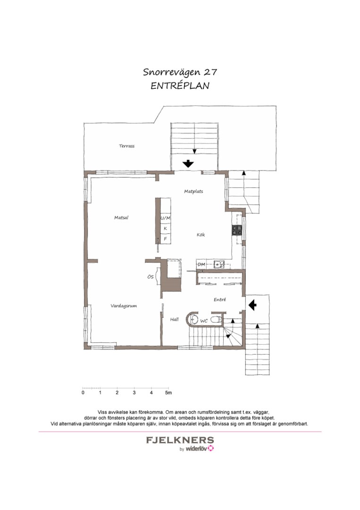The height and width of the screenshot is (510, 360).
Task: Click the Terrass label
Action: [x=127, y=146]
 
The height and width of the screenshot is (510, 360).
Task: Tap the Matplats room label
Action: [x=193, y=192]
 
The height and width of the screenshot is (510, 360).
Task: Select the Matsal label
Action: [x=121, y=218]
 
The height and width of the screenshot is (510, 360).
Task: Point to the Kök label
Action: [x=201, y=235]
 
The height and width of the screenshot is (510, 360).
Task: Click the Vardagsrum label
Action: [x=124, y=306]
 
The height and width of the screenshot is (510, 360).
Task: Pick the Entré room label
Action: [x=220, y=299]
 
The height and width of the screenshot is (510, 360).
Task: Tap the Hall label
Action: [x=175, y=319]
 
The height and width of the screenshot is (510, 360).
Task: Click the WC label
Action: [x=204, y=321]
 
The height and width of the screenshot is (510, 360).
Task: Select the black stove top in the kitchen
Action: [x=236, y=230]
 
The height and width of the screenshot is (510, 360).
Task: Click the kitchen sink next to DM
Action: [x=218, y=264]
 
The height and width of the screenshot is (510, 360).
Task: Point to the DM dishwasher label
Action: [x=201, y=264]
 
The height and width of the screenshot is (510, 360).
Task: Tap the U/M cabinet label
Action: [x=166, y=218]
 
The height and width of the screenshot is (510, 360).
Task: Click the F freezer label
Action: [x=166, y=239]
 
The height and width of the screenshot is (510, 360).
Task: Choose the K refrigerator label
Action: [x=166, y=229]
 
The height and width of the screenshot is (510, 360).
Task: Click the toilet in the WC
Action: [x=216, y=320]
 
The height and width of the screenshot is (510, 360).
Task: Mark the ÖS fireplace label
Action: [x=151, y=277]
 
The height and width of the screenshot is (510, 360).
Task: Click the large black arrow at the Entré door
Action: [x=252, y=305]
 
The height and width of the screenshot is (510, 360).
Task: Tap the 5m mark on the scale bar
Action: [x=168, y=393]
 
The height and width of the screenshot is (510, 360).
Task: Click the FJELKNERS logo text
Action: [x=180, y=441]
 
